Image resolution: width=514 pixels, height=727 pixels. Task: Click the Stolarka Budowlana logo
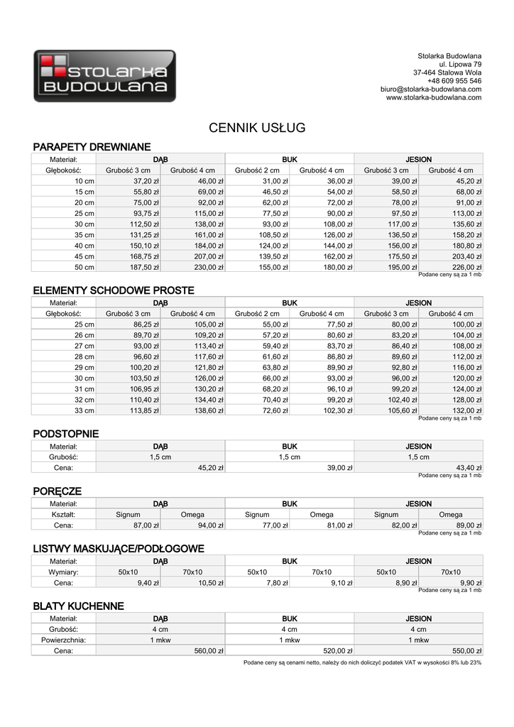(104, 76)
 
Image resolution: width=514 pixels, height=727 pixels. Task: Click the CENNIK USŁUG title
(257, 129)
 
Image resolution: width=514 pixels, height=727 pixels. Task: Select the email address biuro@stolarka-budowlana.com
(431, 89)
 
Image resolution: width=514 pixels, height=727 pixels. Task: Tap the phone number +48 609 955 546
(454, 81)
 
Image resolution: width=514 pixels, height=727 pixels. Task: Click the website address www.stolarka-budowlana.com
(434, 98)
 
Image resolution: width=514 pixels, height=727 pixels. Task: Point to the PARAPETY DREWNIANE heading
(92, 147)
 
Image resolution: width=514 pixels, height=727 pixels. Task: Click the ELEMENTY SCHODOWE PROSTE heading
(114, 290)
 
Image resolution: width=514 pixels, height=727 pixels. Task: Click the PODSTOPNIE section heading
(66, 434)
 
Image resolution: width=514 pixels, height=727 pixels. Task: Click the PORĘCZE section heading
(58, 491)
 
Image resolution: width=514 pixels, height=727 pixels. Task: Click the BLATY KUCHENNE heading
(78, 606)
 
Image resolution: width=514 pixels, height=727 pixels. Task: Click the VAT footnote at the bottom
(362, 662)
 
